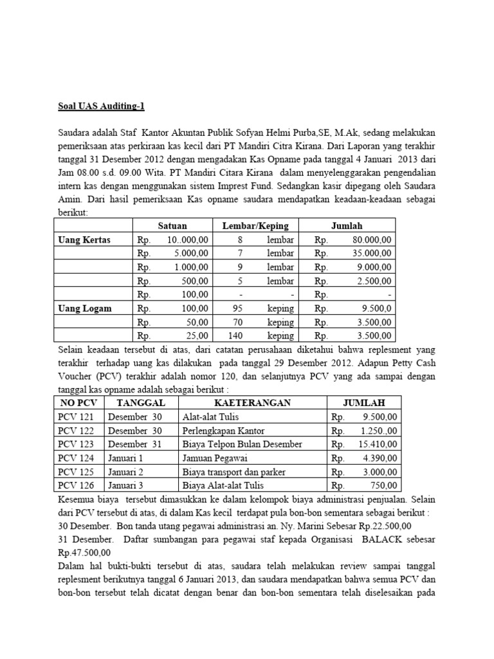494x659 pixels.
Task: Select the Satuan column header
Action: tap(171, 225)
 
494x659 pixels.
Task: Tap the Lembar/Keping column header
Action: tap(255, 225)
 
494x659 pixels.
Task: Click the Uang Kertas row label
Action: tap(85, 239)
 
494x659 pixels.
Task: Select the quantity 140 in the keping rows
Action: tap(237, 336)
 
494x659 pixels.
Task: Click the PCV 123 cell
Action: tap(76, 444)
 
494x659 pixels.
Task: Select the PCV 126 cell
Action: tap(76, 485)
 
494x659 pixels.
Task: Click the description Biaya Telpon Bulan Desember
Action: tap(242, 444)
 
